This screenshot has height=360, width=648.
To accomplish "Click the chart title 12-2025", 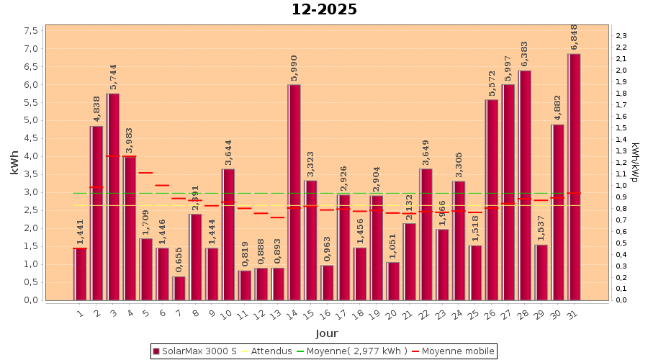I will click(324, 10).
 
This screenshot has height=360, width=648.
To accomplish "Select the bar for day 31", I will click(574, 177).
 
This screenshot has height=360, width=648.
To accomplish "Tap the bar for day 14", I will click(294, 192).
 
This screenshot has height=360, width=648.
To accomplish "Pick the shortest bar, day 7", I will click(179, 288).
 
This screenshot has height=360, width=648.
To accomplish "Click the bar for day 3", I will click(113, 197).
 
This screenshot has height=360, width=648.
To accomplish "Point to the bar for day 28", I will click(524, 185).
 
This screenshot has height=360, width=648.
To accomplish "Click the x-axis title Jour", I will click(326, 333).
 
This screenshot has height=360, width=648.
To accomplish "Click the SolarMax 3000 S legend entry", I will click(194, 351).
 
